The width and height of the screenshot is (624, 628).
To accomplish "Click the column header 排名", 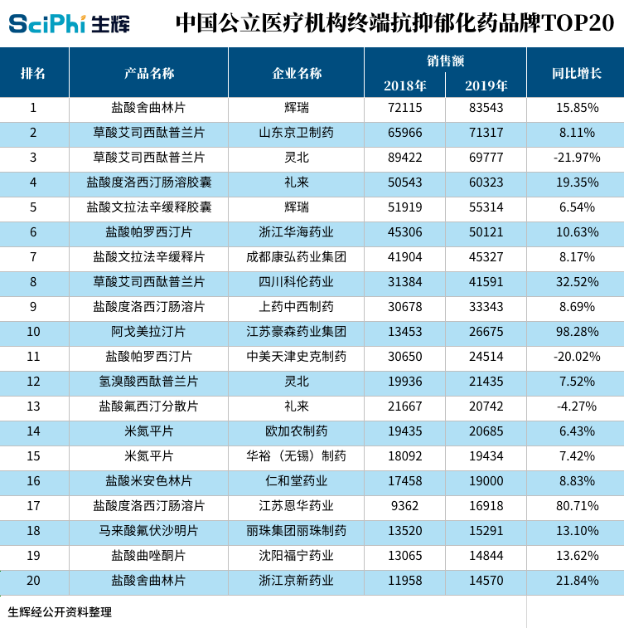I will [x=33, y=73].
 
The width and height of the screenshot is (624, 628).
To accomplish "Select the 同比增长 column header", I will [x=576, y=73].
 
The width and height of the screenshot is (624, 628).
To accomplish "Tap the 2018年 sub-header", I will [x=404, y=85].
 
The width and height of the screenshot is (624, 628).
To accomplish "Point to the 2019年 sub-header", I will [x=486, y=85].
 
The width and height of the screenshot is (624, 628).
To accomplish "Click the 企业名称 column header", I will [x=297, y=73].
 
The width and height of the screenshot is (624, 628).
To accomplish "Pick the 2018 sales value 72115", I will [x=404, y=108].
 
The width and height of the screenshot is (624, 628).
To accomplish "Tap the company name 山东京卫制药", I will [x=297, y=133].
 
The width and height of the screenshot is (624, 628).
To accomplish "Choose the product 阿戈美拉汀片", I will [x=149, y=332].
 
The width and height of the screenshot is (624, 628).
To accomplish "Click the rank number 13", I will [x=33, y=406].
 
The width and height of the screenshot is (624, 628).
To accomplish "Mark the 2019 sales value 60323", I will [x=486, y=183].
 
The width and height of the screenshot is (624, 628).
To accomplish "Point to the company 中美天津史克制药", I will [x=297, y=357].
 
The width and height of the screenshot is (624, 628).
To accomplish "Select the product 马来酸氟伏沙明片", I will [x=149, y=531].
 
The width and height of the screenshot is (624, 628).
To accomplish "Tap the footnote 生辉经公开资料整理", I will [x=60, y=612].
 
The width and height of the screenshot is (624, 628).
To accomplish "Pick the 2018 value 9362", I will [x=404, y=506].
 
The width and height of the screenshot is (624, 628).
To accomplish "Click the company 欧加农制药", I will [x=297, y=431].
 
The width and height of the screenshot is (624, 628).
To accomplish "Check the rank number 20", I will [x=33, y=581].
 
